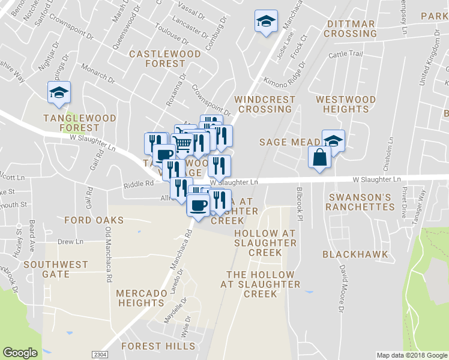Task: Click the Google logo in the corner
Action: click(20, 353)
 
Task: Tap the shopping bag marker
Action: click(319, 158)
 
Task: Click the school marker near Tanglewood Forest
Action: click(59, 92)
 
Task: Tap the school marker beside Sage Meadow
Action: click(333, 140)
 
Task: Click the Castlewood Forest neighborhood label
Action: click(157, 59)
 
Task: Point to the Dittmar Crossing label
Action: click(350, 29)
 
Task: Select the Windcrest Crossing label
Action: click(265, 104)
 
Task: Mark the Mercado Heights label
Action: click(141, 298)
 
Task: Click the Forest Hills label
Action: click(158, 346)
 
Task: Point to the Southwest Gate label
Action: click(56, 269)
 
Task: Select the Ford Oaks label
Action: click(94, 220)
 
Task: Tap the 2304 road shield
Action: click(100, 355)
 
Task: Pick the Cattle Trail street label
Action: click(346, 55)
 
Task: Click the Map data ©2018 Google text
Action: click(412, 355)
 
